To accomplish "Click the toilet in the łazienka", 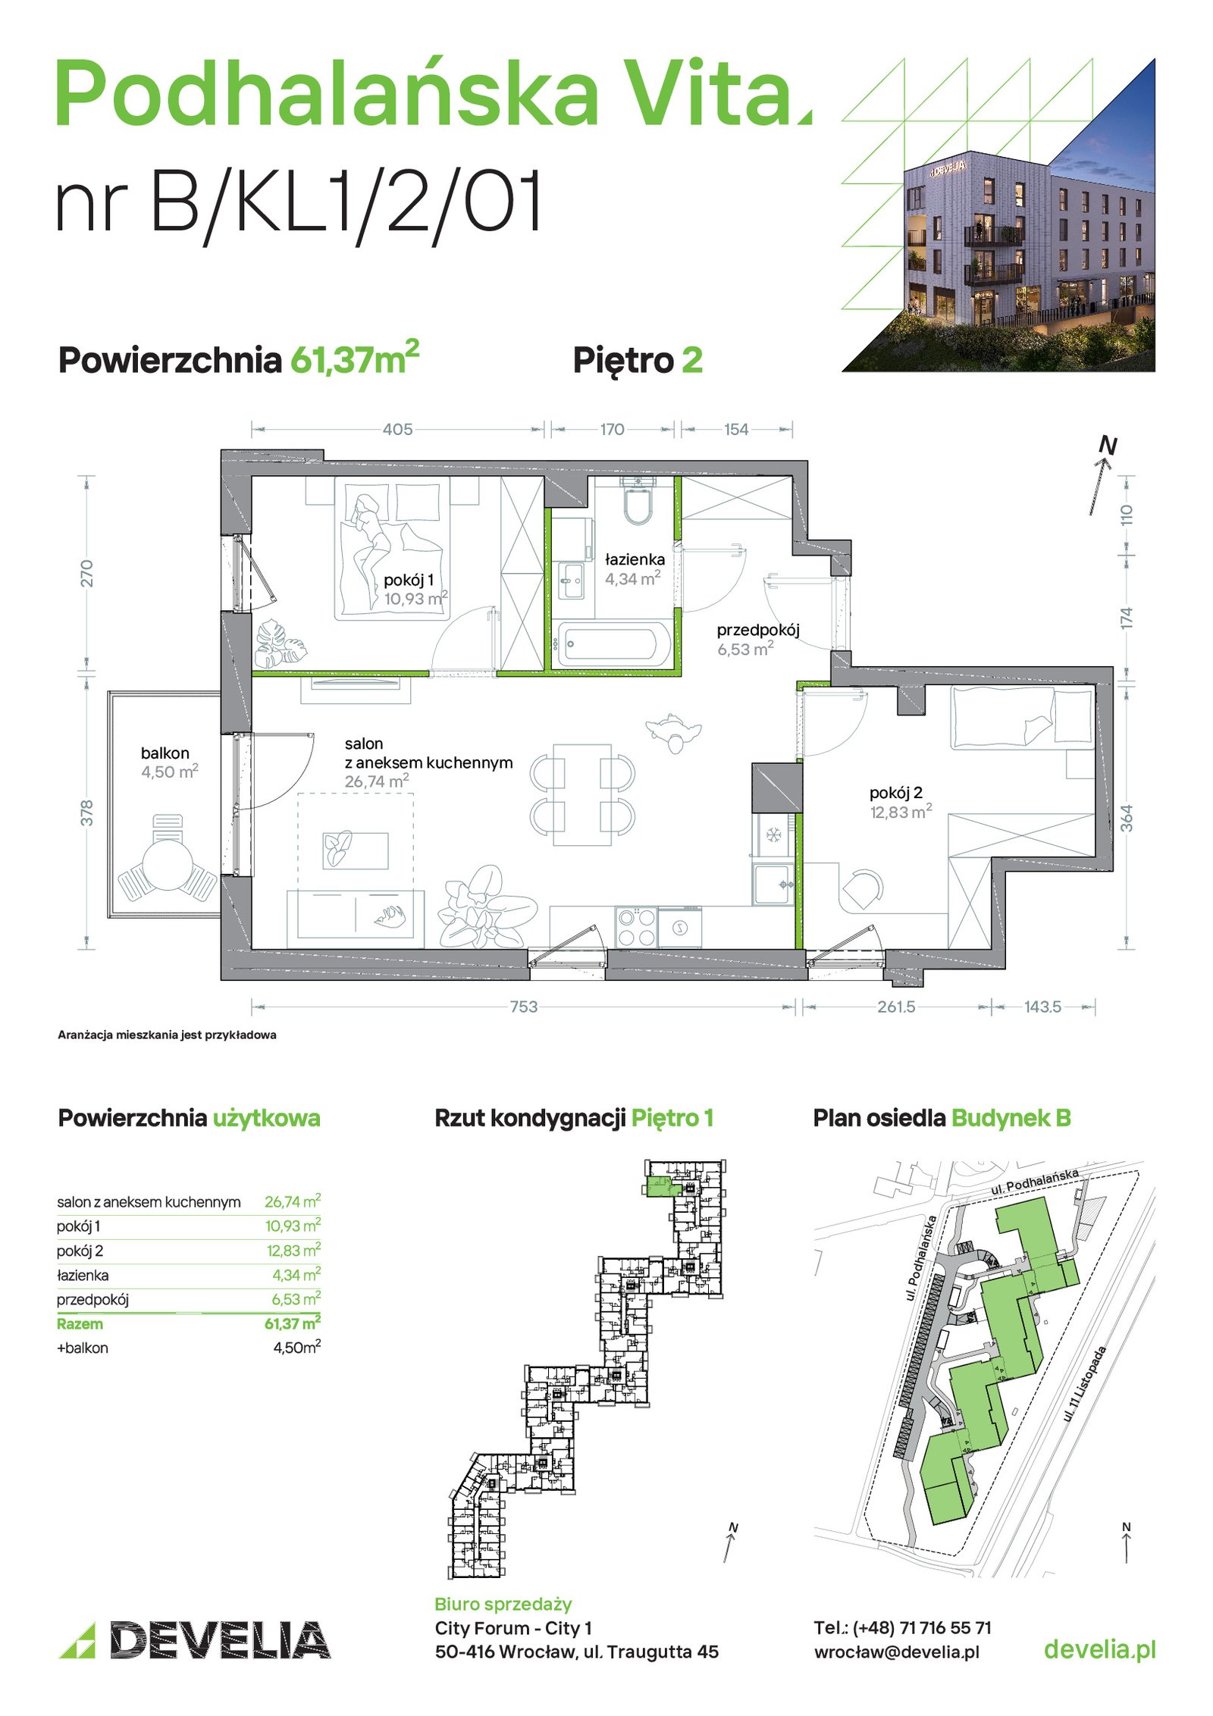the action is click(x=637, y=500).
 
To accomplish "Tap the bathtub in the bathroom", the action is click(x=612, y=645).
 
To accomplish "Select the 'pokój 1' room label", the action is click(x=409, y=581).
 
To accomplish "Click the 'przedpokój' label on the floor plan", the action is click(x=757, y=631).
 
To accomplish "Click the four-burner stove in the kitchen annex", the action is click(x=635, y=927).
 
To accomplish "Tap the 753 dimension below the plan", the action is click(x=523, y=1007).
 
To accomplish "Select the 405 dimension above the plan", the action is click(x=397, y=430).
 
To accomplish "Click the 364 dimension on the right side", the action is click(x=1127, y=818).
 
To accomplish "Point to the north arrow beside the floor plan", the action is click(x=1102, y=478).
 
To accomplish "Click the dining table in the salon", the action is click(x=582, y=794).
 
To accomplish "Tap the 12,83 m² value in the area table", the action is click(x=293, y=1251).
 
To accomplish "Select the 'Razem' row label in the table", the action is click(x=80, y=1324).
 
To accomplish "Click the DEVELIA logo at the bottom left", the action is click(x=195, y=1639).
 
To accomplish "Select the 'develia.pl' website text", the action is click(x=1099, y=1649).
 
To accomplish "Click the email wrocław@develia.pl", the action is click(x=896, y=1652).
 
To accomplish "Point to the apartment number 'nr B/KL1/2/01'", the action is click(x=299, y=201).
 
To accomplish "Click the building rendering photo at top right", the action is click(x=998, y=215).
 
